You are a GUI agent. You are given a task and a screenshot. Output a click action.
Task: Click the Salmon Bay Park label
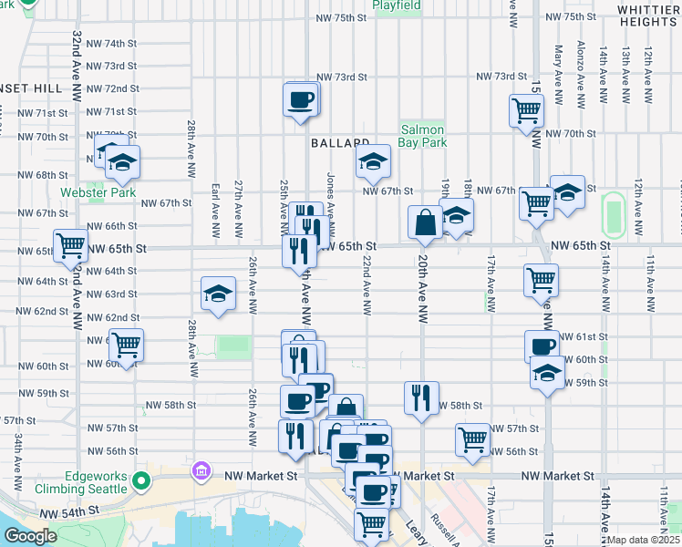point(422,137)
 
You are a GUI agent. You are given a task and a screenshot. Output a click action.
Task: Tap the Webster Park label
point(98,193)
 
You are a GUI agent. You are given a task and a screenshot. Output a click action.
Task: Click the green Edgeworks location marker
point(140,480)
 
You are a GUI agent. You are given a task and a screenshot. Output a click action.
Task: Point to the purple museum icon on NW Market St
point(201,472)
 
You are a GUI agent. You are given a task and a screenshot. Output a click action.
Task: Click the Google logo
point(30,536)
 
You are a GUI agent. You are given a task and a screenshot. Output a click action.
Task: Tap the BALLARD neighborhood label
point(340,143)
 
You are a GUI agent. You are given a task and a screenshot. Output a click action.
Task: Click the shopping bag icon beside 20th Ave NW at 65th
point(426,222)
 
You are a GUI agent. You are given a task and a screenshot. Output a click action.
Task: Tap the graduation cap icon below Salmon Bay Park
point(371,163)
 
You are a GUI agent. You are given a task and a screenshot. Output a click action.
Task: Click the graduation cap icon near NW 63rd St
point(217,294)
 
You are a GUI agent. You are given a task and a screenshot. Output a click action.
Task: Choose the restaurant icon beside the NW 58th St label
point(420,397)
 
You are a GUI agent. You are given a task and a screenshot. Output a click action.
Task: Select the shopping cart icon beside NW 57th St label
point(472,439)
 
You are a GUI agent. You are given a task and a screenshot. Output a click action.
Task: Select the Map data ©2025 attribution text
point(644,540)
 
